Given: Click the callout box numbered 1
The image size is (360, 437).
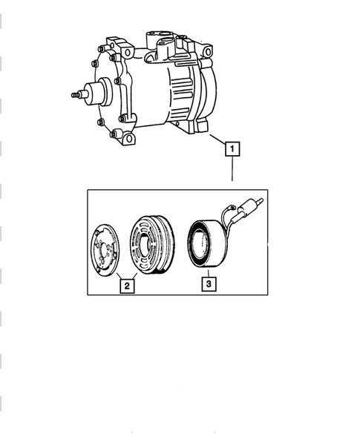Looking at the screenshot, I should point(233,151).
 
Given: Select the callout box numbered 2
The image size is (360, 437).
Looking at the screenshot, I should point(127,285).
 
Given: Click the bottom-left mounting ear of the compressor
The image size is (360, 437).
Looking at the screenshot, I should point(128,138).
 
